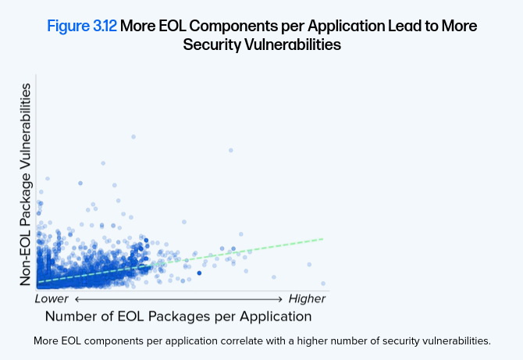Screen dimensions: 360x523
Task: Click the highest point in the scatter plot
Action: pyautogui.click(x=133, y=136)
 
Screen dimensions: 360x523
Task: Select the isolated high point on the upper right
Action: pyautogui.click(x=230, y=150)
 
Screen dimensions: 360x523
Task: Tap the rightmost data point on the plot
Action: pyautogui.click(x=322, y=283)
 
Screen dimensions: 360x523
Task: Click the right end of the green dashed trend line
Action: pyautogui.click(x=322, y=238)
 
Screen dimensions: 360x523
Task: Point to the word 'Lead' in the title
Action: pyautogui.click(x=382, y=26)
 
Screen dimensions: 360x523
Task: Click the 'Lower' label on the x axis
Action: pyautogui.click(x=52, y=298)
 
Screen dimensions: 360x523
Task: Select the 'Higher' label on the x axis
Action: pyautogui.click(x=307, y=298)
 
